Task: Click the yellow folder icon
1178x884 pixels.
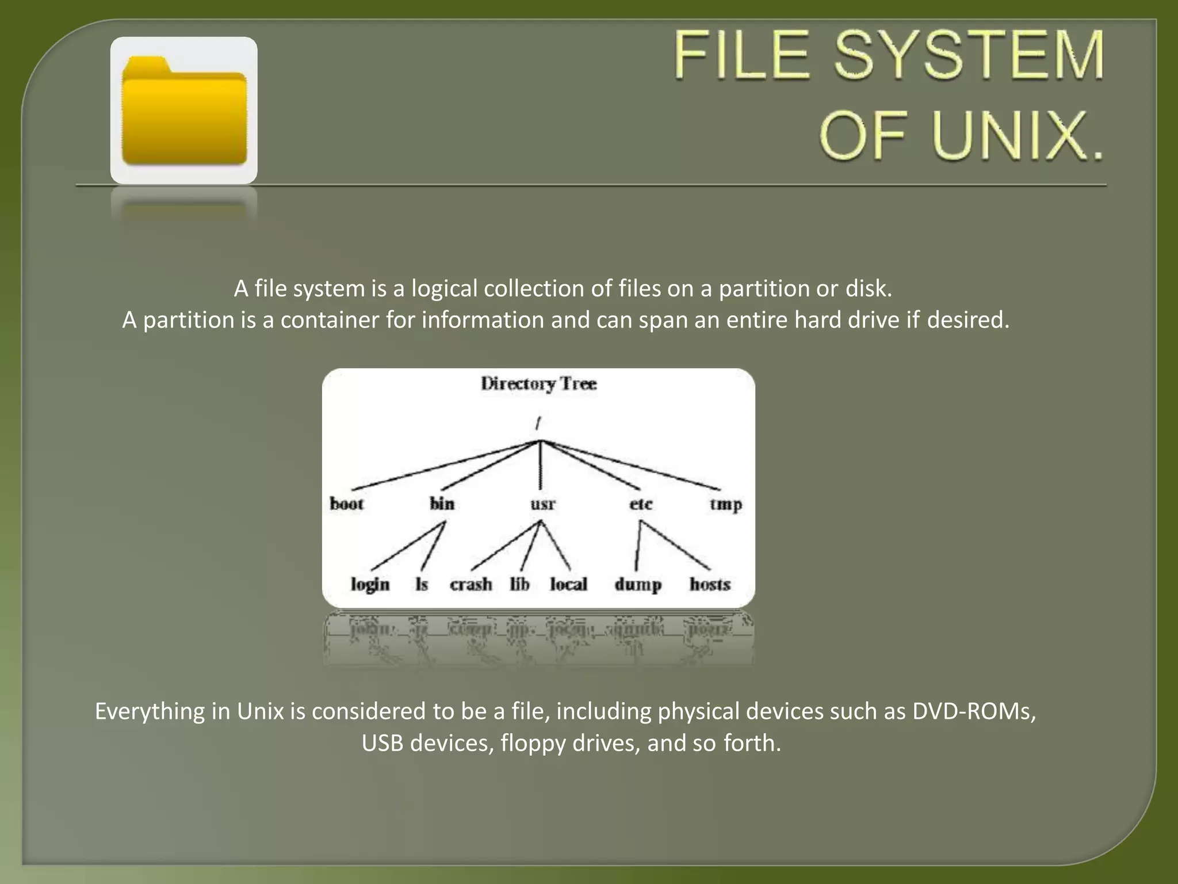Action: tap(184, 110)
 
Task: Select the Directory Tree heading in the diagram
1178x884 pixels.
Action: tap(538, 384)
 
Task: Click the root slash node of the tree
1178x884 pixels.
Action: tap(538, 424)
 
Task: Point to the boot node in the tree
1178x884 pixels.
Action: tap(347, 504)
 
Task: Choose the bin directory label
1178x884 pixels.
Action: tap(442, 504)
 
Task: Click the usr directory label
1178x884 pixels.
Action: tap(542, 505)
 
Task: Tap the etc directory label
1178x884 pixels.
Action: tap(640, 505)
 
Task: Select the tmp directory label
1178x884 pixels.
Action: tap(725, 505)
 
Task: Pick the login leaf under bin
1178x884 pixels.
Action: tap(370, 585)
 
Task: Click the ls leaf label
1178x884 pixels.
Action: tap(422, 585)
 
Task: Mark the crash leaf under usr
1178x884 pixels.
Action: tap(471, 585)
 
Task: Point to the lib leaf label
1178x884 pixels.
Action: tap(519, 585)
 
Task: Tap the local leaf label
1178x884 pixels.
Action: tap(568, 585)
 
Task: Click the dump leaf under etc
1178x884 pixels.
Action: tap(637, 585)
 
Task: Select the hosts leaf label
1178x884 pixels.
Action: tap(710, 585)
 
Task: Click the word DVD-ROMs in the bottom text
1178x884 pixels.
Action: tap(974, 712)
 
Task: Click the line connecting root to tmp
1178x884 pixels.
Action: tap(633, 466)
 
